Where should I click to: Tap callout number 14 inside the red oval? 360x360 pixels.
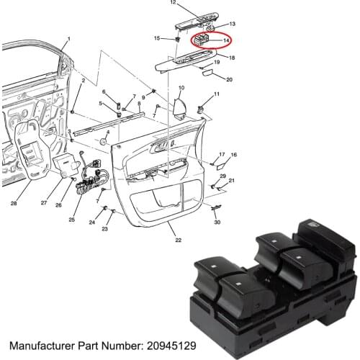point(226,41)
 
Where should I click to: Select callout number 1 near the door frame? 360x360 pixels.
point(68,37)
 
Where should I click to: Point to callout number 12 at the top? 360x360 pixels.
point(173,4)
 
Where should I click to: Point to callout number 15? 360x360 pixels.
point(156,37)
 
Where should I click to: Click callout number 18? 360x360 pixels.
point(230,57)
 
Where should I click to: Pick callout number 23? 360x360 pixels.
point(104,229)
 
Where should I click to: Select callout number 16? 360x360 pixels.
point(233,155)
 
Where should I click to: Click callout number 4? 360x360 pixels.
point(108,132)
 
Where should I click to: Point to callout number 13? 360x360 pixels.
point(231,24)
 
